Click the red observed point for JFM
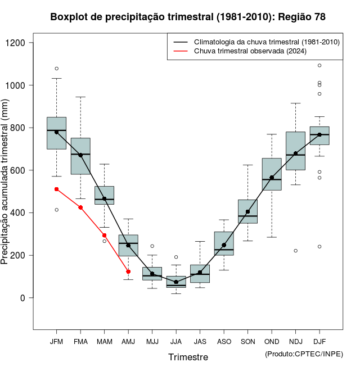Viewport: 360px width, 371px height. [56, 189]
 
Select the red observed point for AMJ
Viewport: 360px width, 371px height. [128, 272]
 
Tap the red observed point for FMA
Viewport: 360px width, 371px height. [80, 207]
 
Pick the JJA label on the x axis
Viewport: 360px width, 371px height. [176, 342]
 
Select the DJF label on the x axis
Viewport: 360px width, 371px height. [319, 342]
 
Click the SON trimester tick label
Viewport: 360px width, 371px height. [248, 342]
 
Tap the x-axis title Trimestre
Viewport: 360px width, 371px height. [188, 357]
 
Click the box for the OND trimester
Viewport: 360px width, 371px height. [272, 174]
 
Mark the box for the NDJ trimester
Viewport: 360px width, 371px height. [296, 151]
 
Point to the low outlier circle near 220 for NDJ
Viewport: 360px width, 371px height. [296, 251]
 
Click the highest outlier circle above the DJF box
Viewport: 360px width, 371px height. [319, 65]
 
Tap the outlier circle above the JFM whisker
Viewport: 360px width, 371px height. [56, 69]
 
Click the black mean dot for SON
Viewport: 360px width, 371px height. [248, 211]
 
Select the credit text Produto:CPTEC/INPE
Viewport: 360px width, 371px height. [304, 354]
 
